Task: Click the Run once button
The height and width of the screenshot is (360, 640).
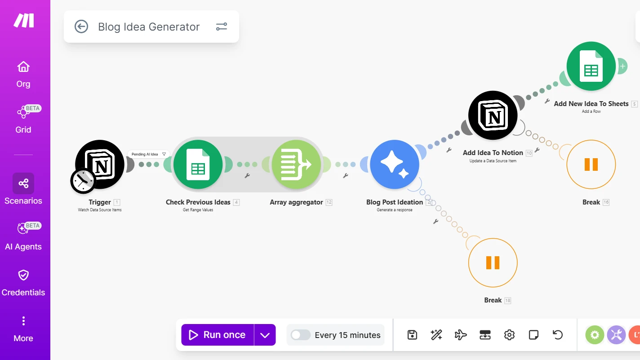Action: [x=218, y=334]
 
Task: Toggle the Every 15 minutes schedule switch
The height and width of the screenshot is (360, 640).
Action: [x=300, y=335]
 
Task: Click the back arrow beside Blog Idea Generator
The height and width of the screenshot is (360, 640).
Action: [x=81, y=27]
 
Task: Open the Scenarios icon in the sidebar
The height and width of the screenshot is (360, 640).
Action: [x=23, y=183]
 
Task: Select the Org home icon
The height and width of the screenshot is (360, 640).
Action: [x=23, y=67]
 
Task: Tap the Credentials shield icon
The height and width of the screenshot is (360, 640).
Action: [x=23, y=275]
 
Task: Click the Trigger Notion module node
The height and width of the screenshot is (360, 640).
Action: [x=100, y=164]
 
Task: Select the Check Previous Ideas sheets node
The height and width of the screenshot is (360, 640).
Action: [x=198, y=164]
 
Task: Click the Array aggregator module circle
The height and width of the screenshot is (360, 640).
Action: [x=296, y=164]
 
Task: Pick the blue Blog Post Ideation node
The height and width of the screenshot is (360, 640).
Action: [x=395, y=164]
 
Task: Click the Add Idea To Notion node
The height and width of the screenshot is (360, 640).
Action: [x=493, y=115]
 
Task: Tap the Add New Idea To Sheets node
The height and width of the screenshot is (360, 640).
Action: [x=591, y=66]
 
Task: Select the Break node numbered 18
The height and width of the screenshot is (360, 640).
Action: [x=493, y=262]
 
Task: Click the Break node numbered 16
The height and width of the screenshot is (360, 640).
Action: [x=591, y=164]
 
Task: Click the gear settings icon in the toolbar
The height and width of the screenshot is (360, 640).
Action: [x=509, y=335]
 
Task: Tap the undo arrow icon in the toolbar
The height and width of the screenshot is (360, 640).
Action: [x=557, y=335]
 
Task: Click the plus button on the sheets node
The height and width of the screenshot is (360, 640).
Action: [x=623, y=66]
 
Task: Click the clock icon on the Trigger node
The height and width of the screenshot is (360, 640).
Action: [x=83, y=181]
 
